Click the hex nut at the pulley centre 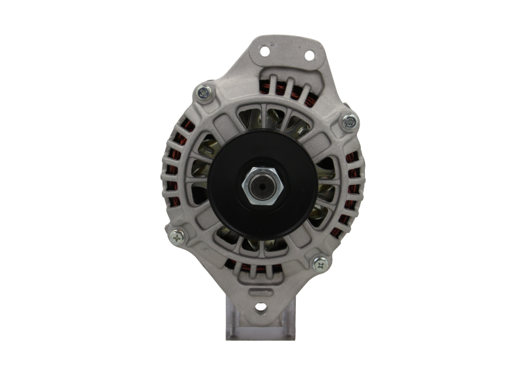(262, 187)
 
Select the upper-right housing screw (349, 121)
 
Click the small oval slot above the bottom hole (262, 290)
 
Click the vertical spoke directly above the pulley (262, 122)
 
